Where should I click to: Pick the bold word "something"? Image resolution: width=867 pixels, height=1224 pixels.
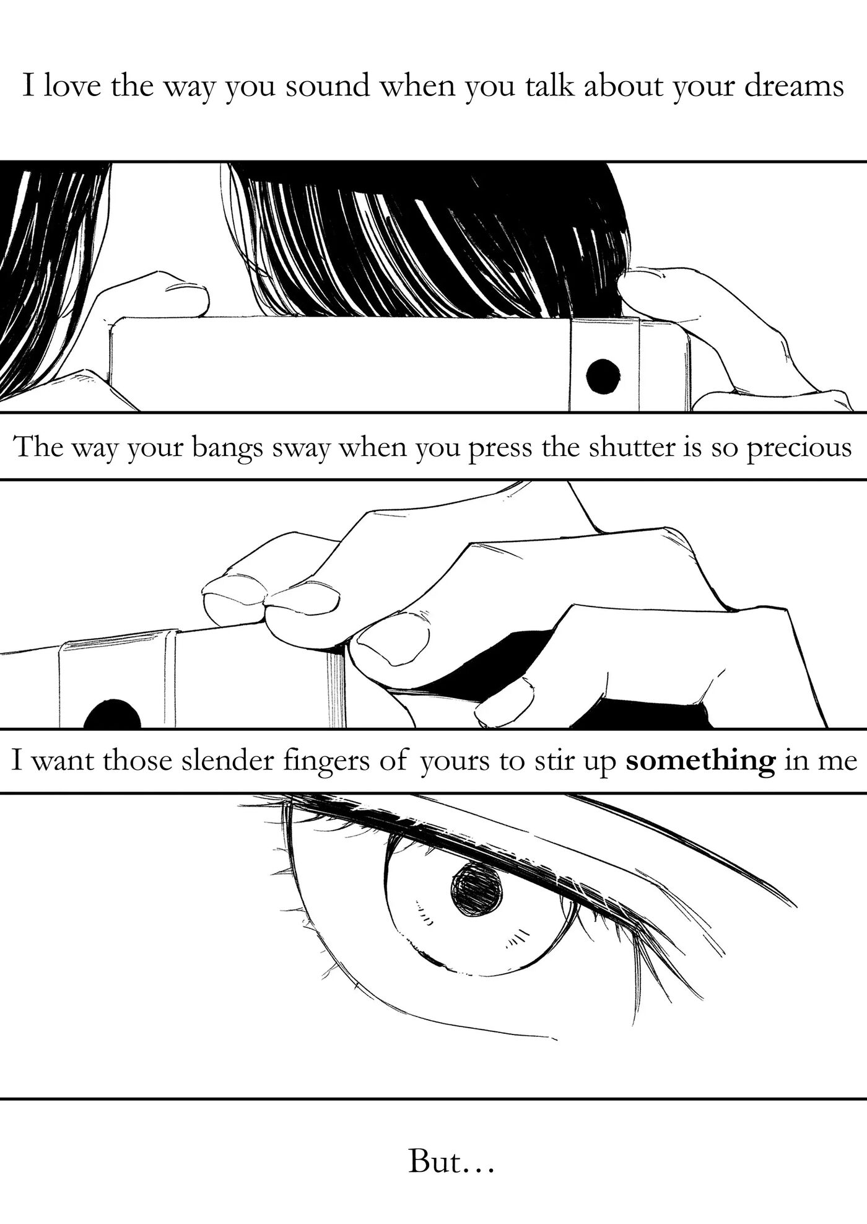coord(700,760)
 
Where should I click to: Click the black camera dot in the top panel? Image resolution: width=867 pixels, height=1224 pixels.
coord(603,375)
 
